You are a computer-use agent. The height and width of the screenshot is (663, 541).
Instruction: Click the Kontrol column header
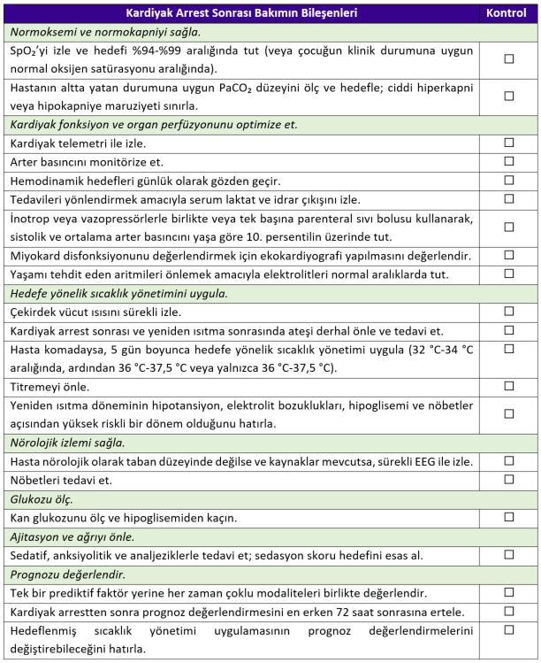point(508,13)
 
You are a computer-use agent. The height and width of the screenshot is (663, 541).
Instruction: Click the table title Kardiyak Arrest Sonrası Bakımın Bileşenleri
point(242,13)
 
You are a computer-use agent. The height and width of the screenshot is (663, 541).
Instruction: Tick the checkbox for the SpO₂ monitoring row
point(508,58)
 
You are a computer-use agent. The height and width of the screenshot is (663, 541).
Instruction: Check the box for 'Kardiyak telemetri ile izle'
point(508,142)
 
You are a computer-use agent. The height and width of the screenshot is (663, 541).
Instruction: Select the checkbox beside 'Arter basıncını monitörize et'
point(508,162)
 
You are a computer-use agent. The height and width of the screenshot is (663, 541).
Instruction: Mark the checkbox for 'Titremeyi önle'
point(508,386)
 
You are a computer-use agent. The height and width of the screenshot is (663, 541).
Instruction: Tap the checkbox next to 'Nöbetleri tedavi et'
point(508,480)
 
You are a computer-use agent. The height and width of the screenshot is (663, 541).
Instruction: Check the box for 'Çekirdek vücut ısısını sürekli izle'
point(508,311)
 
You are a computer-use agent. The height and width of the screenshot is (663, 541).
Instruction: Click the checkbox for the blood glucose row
point(508,518)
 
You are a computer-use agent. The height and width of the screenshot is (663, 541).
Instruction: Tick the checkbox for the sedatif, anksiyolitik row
point(508,555)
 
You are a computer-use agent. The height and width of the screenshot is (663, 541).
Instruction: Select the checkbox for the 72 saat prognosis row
point(508,611)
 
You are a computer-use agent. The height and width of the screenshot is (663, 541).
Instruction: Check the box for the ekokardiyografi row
point(508,255)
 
